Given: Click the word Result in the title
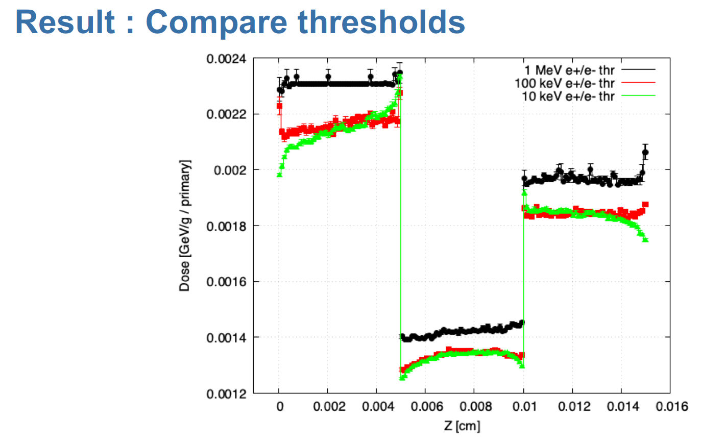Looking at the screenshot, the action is click(x=65, y=22).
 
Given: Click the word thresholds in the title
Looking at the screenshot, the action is click(x=381, y=22).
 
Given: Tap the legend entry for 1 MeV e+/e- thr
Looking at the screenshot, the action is click(x=569, y=70).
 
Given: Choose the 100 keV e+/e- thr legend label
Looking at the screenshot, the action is click(x=565, y=83).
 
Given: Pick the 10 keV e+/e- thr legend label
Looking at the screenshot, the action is click(x=568, y=96).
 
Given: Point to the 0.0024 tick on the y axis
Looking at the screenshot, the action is click(x=226, y=59).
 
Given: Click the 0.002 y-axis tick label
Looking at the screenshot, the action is click(x=230, y=170).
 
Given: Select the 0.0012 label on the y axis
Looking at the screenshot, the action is click(x=226, y=394).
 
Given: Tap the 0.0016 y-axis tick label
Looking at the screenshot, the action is click(x=226, y=282).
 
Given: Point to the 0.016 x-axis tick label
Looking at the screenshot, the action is click(x=671, y=406).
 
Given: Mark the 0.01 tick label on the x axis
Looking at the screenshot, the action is click(x=524, y=406).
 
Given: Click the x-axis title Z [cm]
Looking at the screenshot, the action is click(x=462, y=426).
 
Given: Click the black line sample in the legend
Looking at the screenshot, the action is click(x=638, y=69).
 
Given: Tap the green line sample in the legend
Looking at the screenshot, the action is click(x=638, y=95).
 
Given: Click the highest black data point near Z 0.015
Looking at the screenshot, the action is click(x=645, y=152).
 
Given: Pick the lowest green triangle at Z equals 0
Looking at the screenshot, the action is click(x=280, y=175).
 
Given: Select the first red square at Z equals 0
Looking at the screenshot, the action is click(x=280, y=106).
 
